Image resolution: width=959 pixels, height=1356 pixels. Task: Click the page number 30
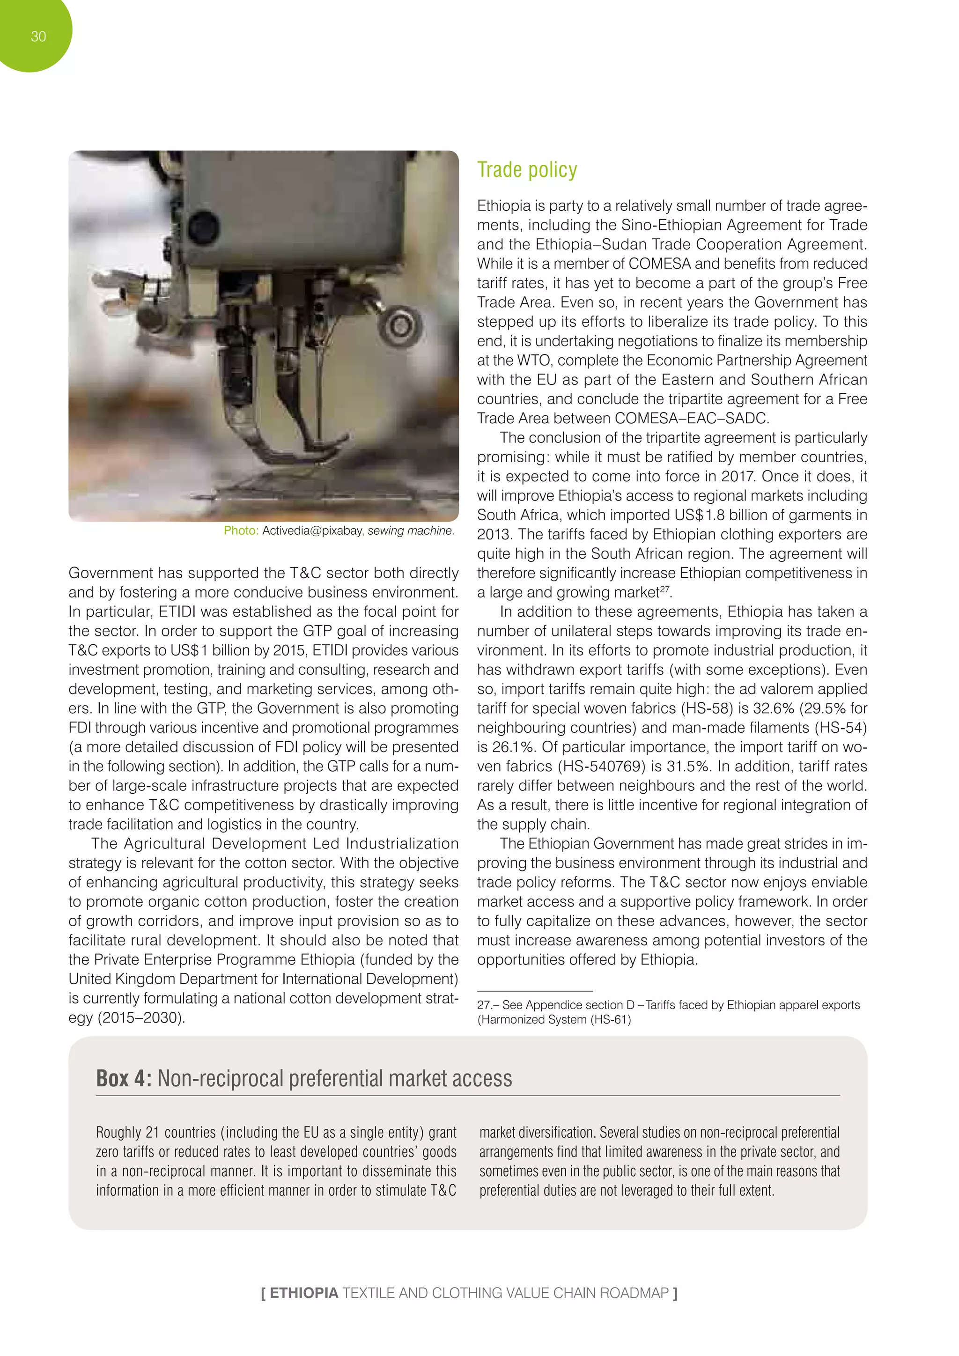pos(38,37)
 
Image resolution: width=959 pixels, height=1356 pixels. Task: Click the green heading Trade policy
pos(527,170)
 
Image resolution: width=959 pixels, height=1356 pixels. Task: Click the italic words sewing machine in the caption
pos(410,531)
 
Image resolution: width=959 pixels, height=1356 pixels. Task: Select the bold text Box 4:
pos(124,1078)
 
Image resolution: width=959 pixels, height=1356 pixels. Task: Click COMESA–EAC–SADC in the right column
pos(692,418)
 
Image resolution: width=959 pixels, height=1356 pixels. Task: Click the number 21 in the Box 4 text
pos(152,1132)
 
